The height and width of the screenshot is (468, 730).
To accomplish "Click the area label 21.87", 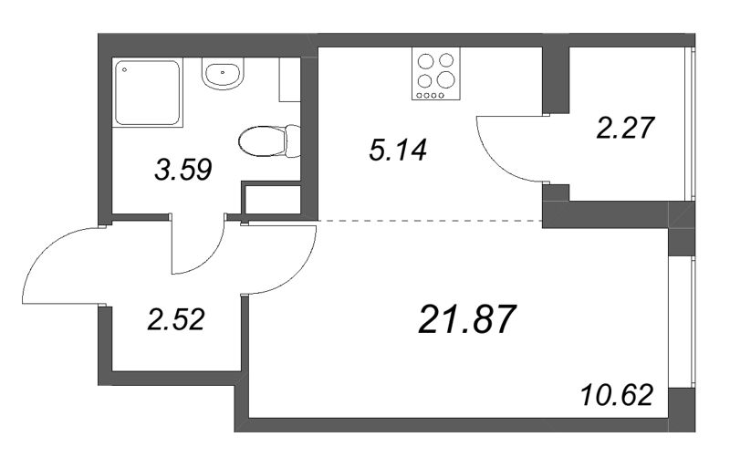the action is [x=467, y=319].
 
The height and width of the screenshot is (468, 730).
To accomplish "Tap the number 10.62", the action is [x=617, y=395].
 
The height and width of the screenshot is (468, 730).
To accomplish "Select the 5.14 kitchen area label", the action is [x=398, y=151].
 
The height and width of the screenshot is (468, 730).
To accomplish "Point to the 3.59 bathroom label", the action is [x=183, y=169].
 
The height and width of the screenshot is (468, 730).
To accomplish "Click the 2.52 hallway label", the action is [x=176, y=320].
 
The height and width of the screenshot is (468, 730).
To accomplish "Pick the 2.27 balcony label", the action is [x=626, y=128].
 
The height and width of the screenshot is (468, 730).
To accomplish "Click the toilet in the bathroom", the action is [x=269, y=140].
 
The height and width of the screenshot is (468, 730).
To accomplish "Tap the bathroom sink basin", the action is [x=223, y=74].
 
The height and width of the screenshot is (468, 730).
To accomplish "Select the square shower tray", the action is [x=148, y=92].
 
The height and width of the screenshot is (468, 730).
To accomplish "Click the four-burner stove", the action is [x=436, y=74].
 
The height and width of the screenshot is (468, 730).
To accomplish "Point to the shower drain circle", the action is [x=124, y=70].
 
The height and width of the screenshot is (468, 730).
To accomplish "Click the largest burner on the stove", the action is [x=445, y=79].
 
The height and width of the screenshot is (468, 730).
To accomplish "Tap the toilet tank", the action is [x=293, y=140].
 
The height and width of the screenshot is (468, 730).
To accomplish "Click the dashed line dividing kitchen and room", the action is [x=430, y=220].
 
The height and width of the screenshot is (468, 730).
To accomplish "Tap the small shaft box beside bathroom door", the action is [x=271, y=199].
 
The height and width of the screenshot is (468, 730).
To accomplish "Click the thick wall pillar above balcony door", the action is [x=556, y=80].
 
